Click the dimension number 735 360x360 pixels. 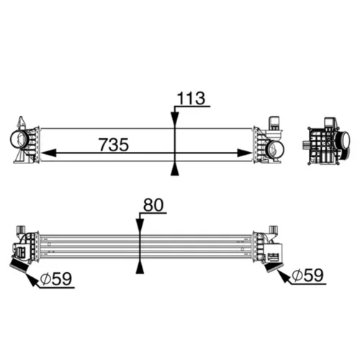pyautogui.click(x=114, y=145)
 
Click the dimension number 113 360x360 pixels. pyautogui.click(x=191, y=99)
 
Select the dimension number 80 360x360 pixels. pyautogui.click(x=153, y=205)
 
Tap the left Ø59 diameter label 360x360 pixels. pyautogui.click(x=56, y=279)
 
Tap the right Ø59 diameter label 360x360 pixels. pyautogui.click(x=308, y=275)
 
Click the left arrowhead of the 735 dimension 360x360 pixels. pyautogui.click(x=49, y=153)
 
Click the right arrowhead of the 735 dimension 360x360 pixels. pyautogui.click(x=245, y=153)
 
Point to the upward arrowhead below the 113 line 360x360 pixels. pyautogui.click(x=175, y=168)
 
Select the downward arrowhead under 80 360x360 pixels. pyautogui.click(x=140, y=227)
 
